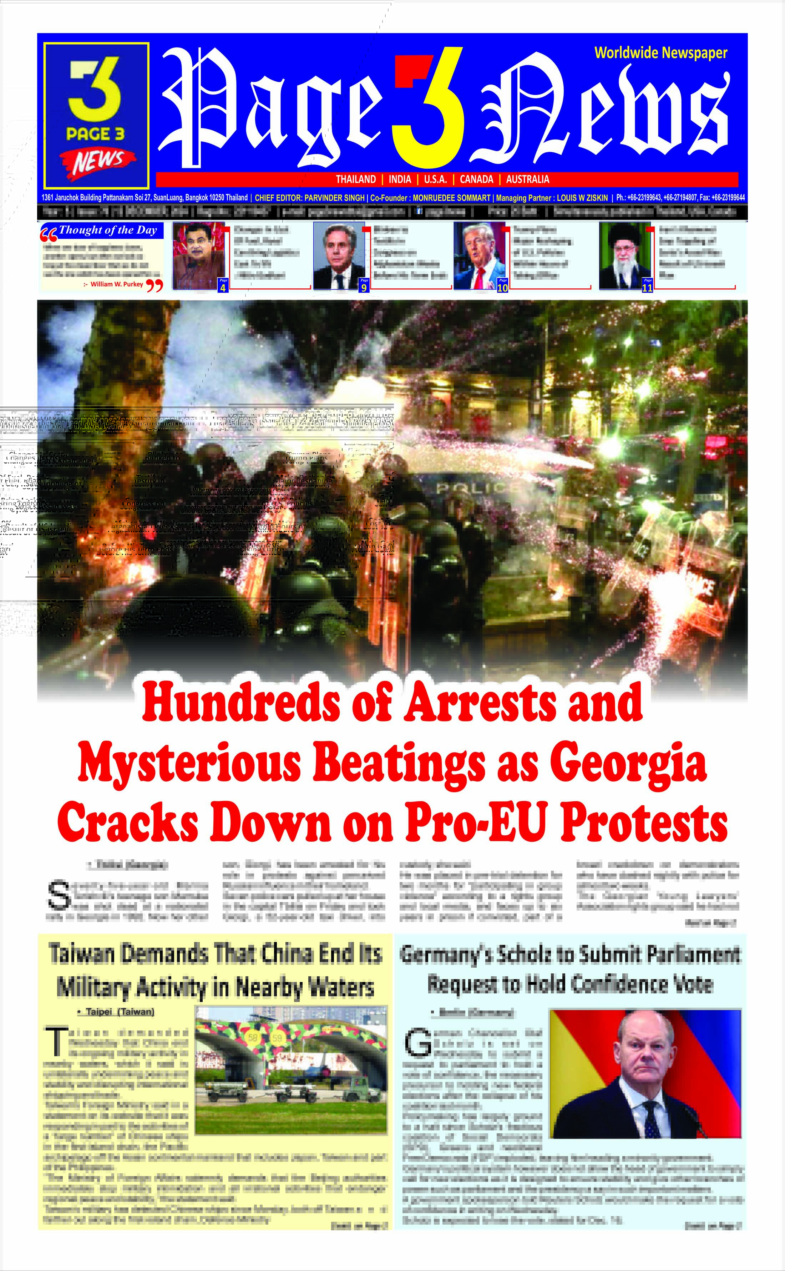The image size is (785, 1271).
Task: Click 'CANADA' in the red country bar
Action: [476, 179]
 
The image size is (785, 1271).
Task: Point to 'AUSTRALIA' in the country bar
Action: [527, 179]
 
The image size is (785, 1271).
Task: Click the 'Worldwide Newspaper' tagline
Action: [660, 53]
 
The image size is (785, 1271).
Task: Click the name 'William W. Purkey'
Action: [117, 284]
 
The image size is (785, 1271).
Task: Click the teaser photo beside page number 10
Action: [479, 255]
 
